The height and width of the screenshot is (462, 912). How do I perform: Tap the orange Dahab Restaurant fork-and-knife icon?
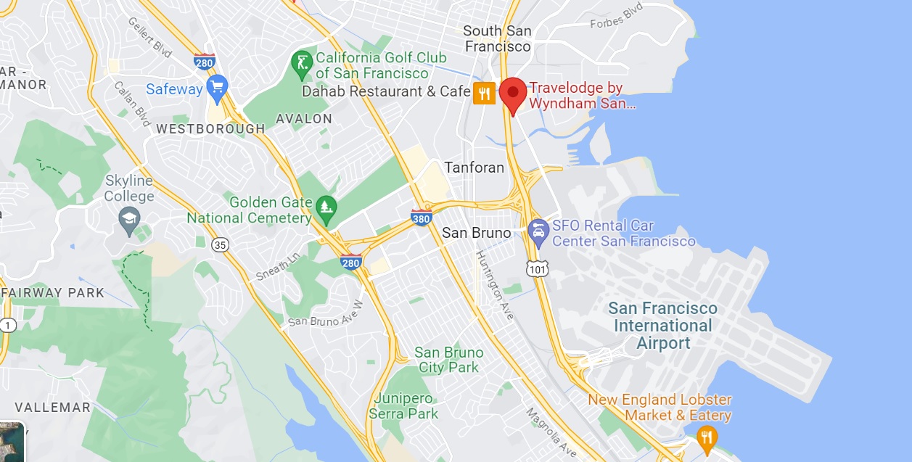[x=484, y=93]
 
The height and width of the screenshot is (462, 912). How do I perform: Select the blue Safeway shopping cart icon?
[x=216, y=88]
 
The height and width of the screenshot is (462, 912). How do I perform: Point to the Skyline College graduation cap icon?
[x=130, y=219]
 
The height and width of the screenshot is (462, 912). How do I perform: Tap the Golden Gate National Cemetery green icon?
[x=326, y=208]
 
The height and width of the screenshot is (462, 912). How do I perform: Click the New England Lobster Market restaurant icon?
[x=707, y=437]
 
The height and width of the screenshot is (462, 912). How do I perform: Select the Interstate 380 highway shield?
[x=421, y=217]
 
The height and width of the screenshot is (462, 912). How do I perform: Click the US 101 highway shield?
[x=538, y=268]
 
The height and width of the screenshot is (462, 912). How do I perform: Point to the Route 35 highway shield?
[x=221, y=244]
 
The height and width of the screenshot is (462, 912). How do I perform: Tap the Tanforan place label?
[x=474, y=168]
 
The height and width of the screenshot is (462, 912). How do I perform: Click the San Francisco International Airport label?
[x=663, y=326]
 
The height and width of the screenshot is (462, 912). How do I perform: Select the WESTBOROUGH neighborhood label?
[x=210, y=129]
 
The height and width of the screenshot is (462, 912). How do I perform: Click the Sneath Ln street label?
[x=277, y=268]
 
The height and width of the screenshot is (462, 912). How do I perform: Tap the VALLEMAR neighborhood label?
[x=53, y=407]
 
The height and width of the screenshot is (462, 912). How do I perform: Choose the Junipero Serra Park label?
[x=403, y=406]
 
